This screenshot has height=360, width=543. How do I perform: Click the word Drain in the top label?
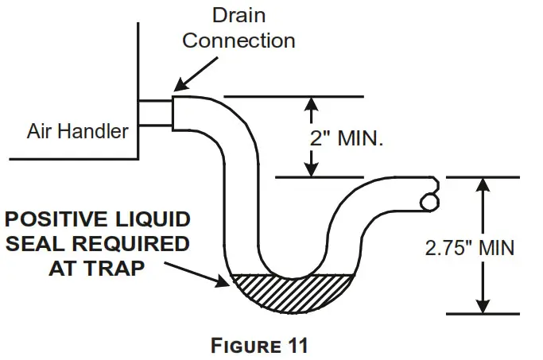pos(238,15)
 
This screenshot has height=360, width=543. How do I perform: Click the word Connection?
pos(239,40)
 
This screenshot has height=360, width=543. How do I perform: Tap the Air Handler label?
pos(78,131)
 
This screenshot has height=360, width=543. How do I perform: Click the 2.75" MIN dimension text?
pos(468,247)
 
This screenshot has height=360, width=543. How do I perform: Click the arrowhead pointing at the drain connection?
pos(178,85)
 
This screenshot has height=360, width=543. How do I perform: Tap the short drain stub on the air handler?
pos(154,113)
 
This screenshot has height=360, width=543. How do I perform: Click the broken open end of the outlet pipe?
pos(430,193)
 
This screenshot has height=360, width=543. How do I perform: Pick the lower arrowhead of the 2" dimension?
pos(312,169)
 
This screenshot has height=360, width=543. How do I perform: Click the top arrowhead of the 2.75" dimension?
pos(480,184)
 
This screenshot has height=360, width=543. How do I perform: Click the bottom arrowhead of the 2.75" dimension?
pos(480,307)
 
